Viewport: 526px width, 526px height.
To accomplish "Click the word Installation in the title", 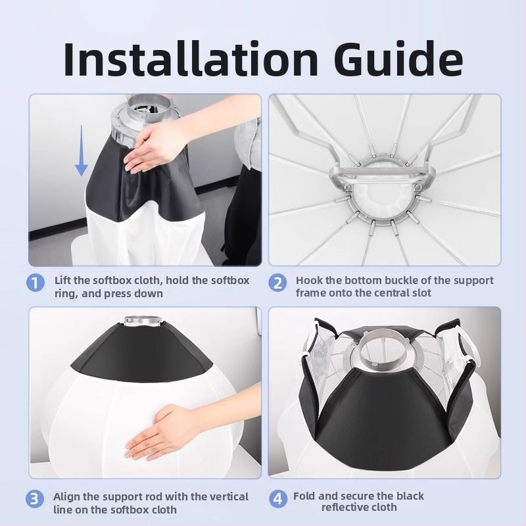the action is [190, 59].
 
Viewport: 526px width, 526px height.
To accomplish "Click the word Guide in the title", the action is [398, 59].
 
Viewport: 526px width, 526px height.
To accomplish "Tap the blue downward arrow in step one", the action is [81, 151].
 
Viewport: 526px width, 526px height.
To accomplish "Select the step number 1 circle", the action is [36, 283].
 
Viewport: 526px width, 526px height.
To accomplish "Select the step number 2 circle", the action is [277, 283].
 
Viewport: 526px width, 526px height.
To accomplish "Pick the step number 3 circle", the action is [35, 499].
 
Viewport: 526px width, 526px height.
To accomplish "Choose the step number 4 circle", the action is [278, 499].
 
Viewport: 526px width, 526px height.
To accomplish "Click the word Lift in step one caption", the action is [62, 280].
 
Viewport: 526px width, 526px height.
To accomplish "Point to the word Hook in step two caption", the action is [308, 280].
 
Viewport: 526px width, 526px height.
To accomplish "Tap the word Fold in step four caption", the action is [304, 496].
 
